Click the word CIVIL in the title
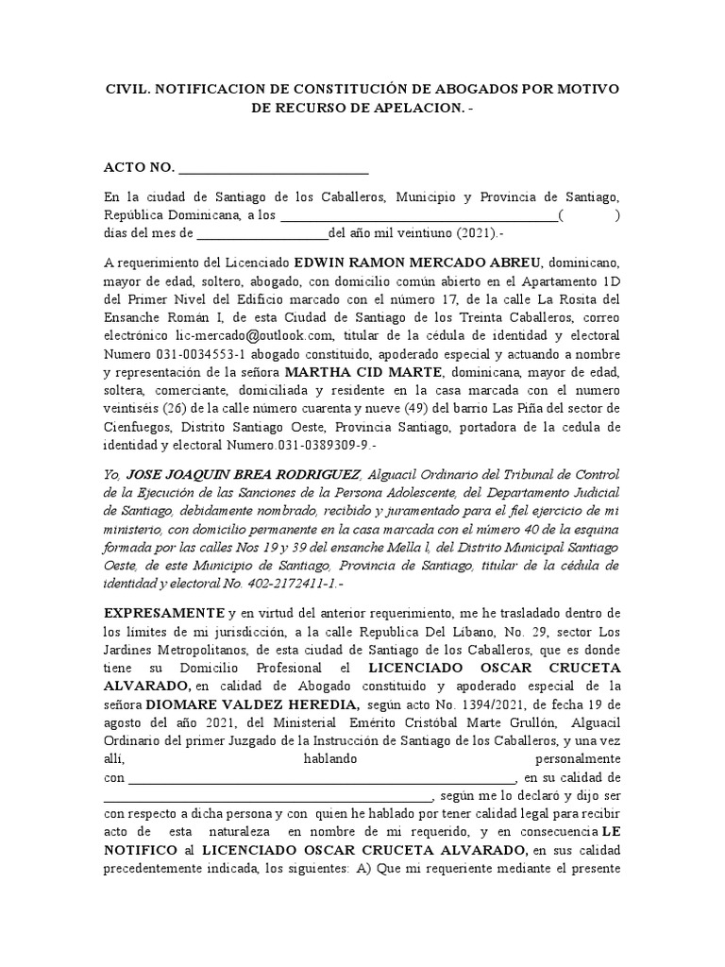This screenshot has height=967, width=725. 126,89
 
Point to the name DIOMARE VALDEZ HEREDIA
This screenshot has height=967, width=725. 252,704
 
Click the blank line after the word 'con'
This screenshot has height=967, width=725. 321,778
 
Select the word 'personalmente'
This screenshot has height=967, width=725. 576,759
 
